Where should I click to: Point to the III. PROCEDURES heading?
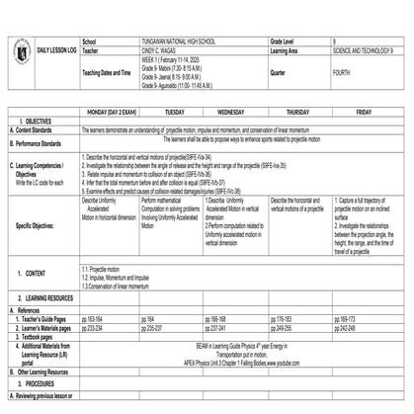coord(40,379)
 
